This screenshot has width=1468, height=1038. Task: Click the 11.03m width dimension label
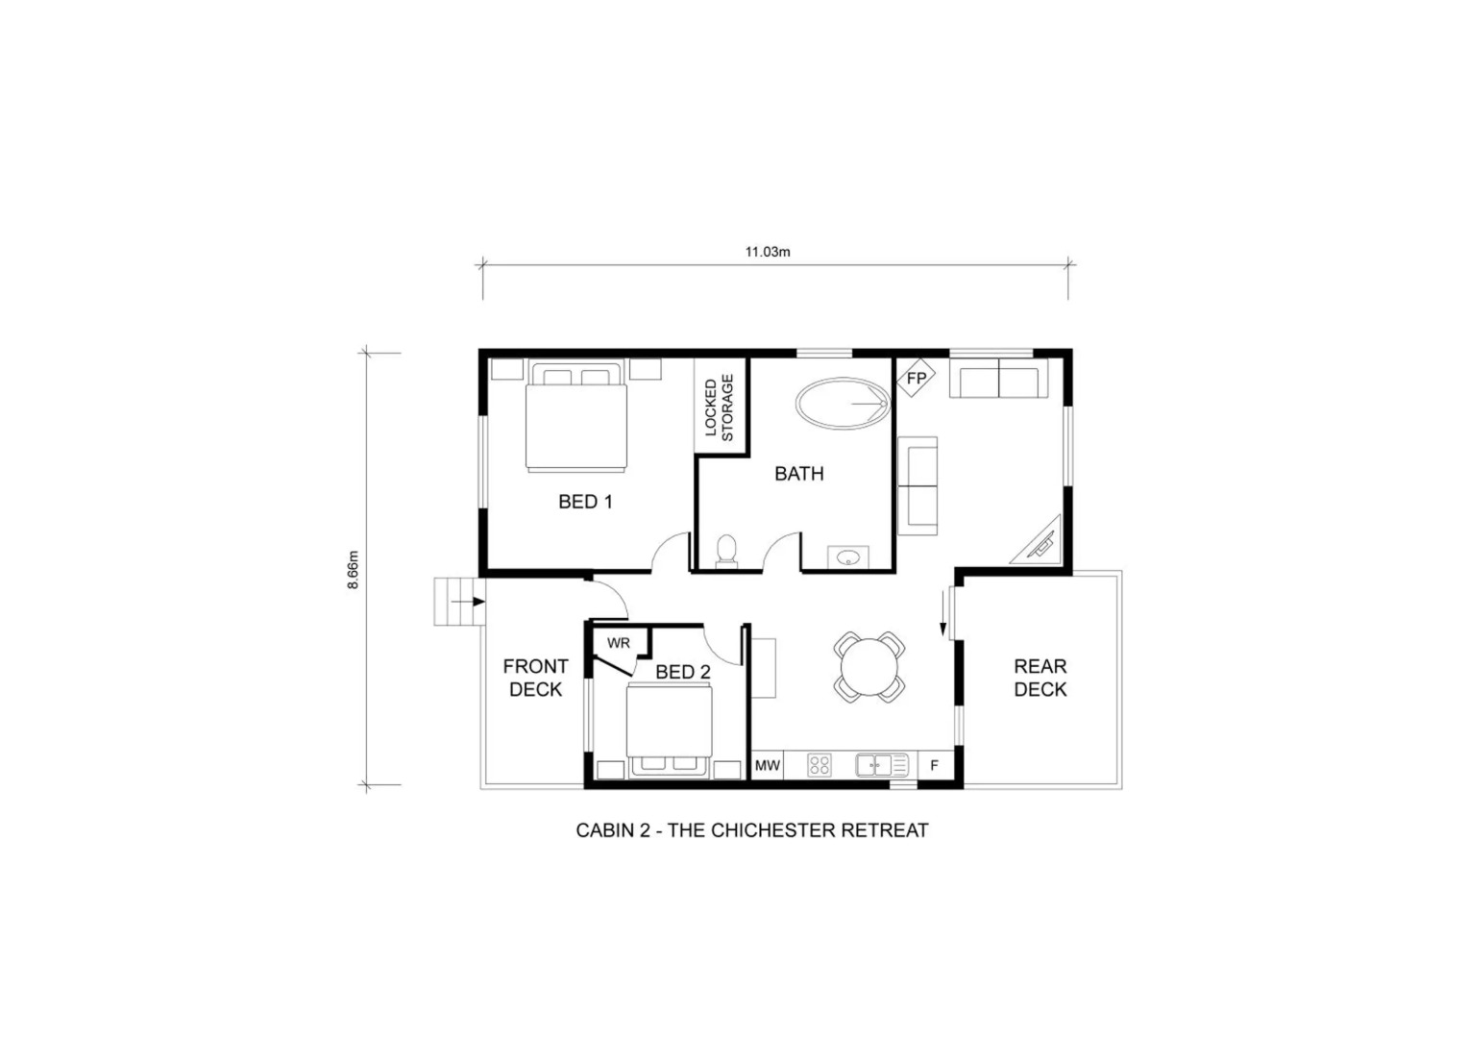(x=768, y=252)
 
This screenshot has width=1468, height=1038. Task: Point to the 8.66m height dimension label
(x=353, y=569)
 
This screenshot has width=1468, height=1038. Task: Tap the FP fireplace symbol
(x=917, y=378)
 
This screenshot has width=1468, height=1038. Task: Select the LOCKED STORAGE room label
(x=719, y=408)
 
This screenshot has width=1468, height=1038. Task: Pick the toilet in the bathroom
(x=727, y=551)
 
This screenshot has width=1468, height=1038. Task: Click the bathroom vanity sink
(x=848, y=557)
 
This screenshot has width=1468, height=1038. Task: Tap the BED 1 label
(x=585, y=501)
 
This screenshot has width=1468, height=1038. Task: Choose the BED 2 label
(x=683, y=672)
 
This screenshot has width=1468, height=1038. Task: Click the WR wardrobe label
(x=619, y=643)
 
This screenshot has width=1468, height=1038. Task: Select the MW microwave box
(x=767, y=765)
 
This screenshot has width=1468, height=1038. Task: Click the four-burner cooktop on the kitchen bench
(x=820, y=765)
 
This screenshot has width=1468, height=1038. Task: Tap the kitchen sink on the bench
(x=881, y=765)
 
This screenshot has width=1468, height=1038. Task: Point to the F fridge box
(x=935, y=765)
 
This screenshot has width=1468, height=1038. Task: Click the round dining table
(x=869, y=666)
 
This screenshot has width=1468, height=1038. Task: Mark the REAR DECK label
(x=1040, y=678)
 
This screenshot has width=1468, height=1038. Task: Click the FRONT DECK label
(x=535, y=678)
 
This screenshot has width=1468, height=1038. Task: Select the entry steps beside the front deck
(x=456, y=602)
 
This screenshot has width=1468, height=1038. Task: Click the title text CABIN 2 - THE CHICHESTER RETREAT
(x=752, y=830)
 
